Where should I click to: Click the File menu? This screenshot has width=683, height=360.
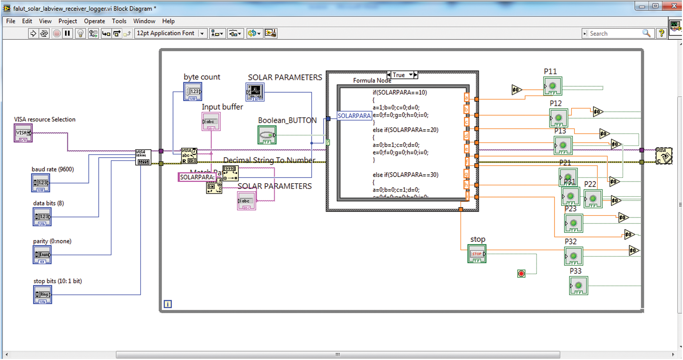11,21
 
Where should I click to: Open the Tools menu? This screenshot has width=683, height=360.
119,21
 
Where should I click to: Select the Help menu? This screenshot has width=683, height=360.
168,21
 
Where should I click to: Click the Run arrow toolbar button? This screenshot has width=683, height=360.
33,33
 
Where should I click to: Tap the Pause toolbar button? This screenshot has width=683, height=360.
67,33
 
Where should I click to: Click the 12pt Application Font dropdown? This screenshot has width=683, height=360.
171,33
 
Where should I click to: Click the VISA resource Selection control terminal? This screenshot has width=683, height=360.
23,133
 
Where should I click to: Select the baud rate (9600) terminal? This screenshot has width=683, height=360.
41,183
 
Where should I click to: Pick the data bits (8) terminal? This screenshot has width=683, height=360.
42,217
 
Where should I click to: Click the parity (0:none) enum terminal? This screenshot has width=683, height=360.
42,255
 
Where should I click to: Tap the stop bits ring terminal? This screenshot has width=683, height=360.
42,295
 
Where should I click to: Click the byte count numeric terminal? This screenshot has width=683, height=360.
193,92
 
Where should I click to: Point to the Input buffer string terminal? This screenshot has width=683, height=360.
211,122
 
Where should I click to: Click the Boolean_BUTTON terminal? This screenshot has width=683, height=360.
267,136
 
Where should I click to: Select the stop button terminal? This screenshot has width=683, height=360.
477,254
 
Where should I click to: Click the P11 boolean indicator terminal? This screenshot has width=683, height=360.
552,86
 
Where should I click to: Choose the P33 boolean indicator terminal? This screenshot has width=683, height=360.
578,286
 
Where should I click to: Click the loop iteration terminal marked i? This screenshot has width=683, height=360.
167,304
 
